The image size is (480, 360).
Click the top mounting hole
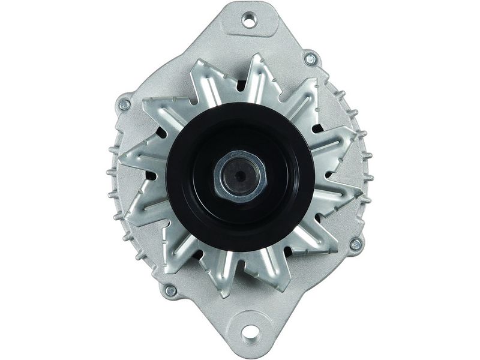[249, 20]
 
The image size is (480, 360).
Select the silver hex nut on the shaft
[240, 176]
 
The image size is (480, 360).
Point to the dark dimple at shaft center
[240, 176]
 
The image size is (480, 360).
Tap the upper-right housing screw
[310, 59]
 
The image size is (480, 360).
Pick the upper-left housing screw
[125, 104]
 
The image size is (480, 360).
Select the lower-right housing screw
[355, 244]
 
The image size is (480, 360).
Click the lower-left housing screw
[170, 291]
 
